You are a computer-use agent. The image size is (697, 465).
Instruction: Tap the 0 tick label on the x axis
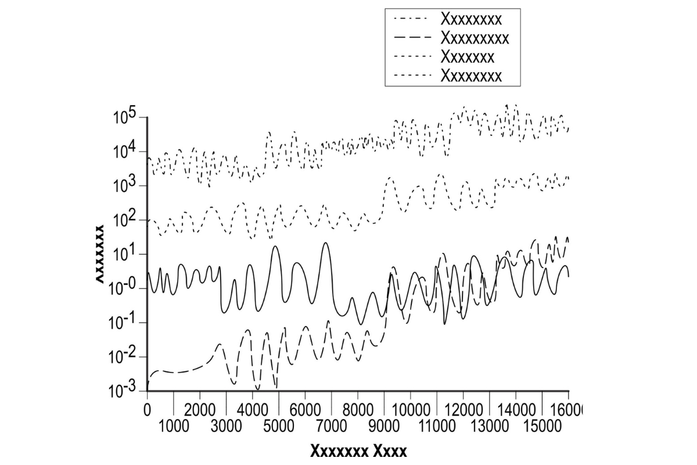coord(148,408)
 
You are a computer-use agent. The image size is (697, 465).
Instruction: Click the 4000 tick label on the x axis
coord(253,408)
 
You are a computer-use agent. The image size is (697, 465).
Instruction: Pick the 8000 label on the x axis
coord(358,408)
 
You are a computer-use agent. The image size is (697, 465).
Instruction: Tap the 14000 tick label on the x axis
coord(516,408)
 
